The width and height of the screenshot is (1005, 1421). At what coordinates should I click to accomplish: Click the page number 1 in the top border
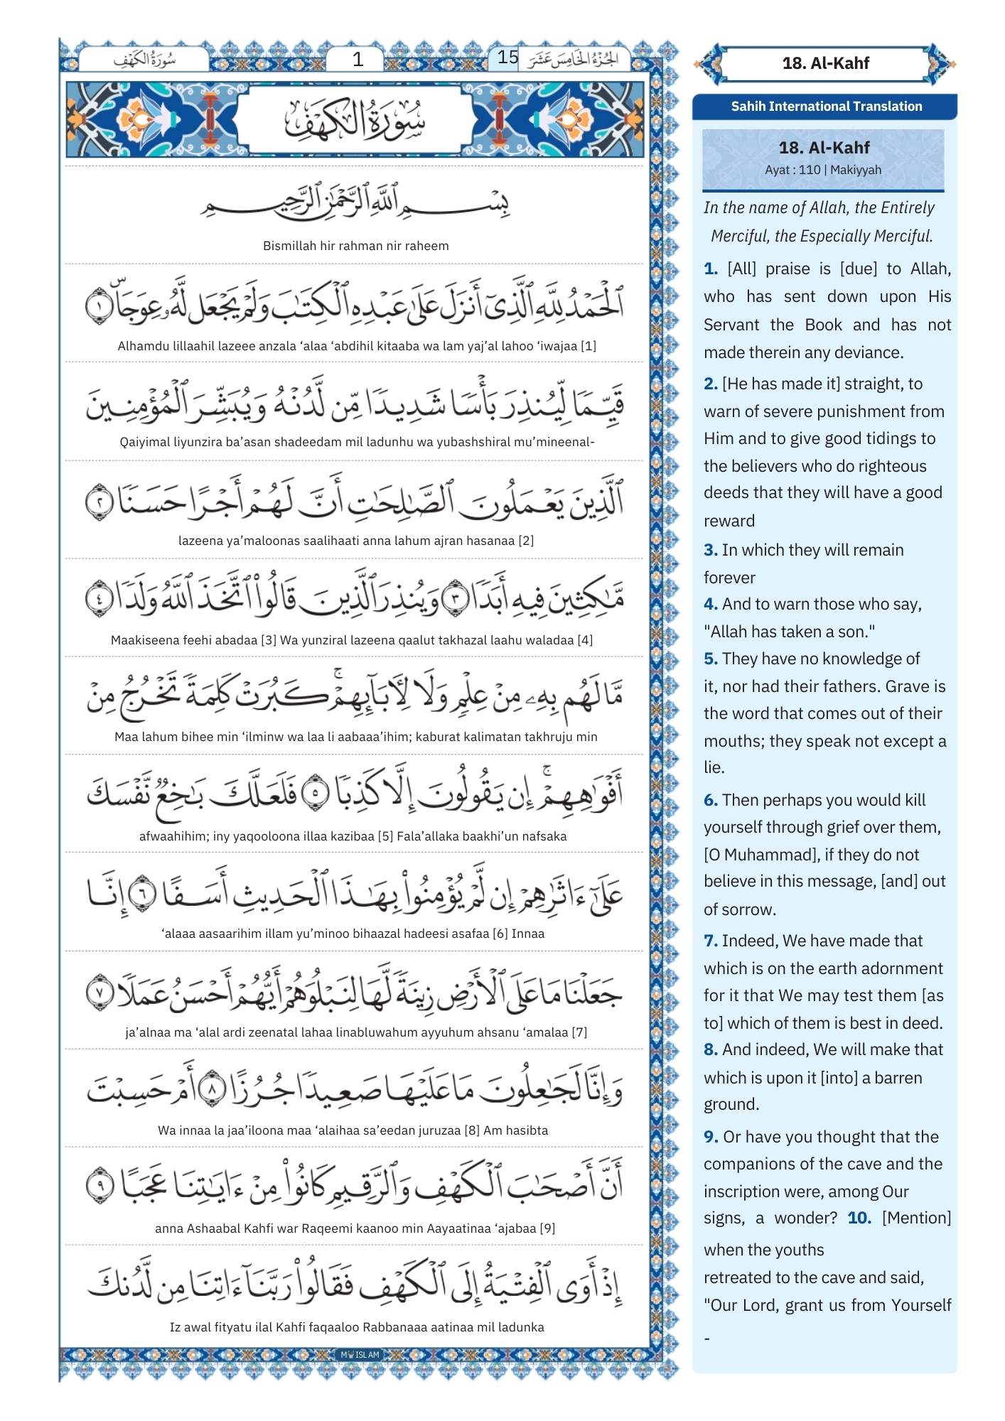coord(358,60)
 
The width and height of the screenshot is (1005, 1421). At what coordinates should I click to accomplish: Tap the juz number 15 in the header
coord(507,58)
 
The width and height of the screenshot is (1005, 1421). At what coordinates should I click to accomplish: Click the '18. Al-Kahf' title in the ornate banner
coord(825,63)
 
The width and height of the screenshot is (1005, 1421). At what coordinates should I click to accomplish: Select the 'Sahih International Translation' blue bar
coord(826,107)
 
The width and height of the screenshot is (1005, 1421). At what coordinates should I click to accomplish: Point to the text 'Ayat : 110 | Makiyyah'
coord(822,170)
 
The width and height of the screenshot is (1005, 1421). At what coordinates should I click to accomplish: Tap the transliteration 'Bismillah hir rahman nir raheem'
coord(355,246)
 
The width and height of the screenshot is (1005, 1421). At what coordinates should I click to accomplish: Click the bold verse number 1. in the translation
coord(711,269)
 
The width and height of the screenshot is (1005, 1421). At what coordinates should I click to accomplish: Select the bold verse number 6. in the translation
coord(711,800)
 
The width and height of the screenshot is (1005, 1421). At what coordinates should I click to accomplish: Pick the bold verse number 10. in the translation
coord(859,1218)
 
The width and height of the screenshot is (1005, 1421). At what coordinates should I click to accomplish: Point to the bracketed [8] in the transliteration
coord(472,1130)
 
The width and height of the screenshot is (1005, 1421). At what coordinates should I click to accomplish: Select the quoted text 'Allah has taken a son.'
coord(789,632)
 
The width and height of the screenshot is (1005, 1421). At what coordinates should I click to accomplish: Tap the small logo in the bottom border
coord(360,1355)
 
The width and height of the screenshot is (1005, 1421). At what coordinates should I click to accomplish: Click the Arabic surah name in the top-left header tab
coord(145,60)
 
